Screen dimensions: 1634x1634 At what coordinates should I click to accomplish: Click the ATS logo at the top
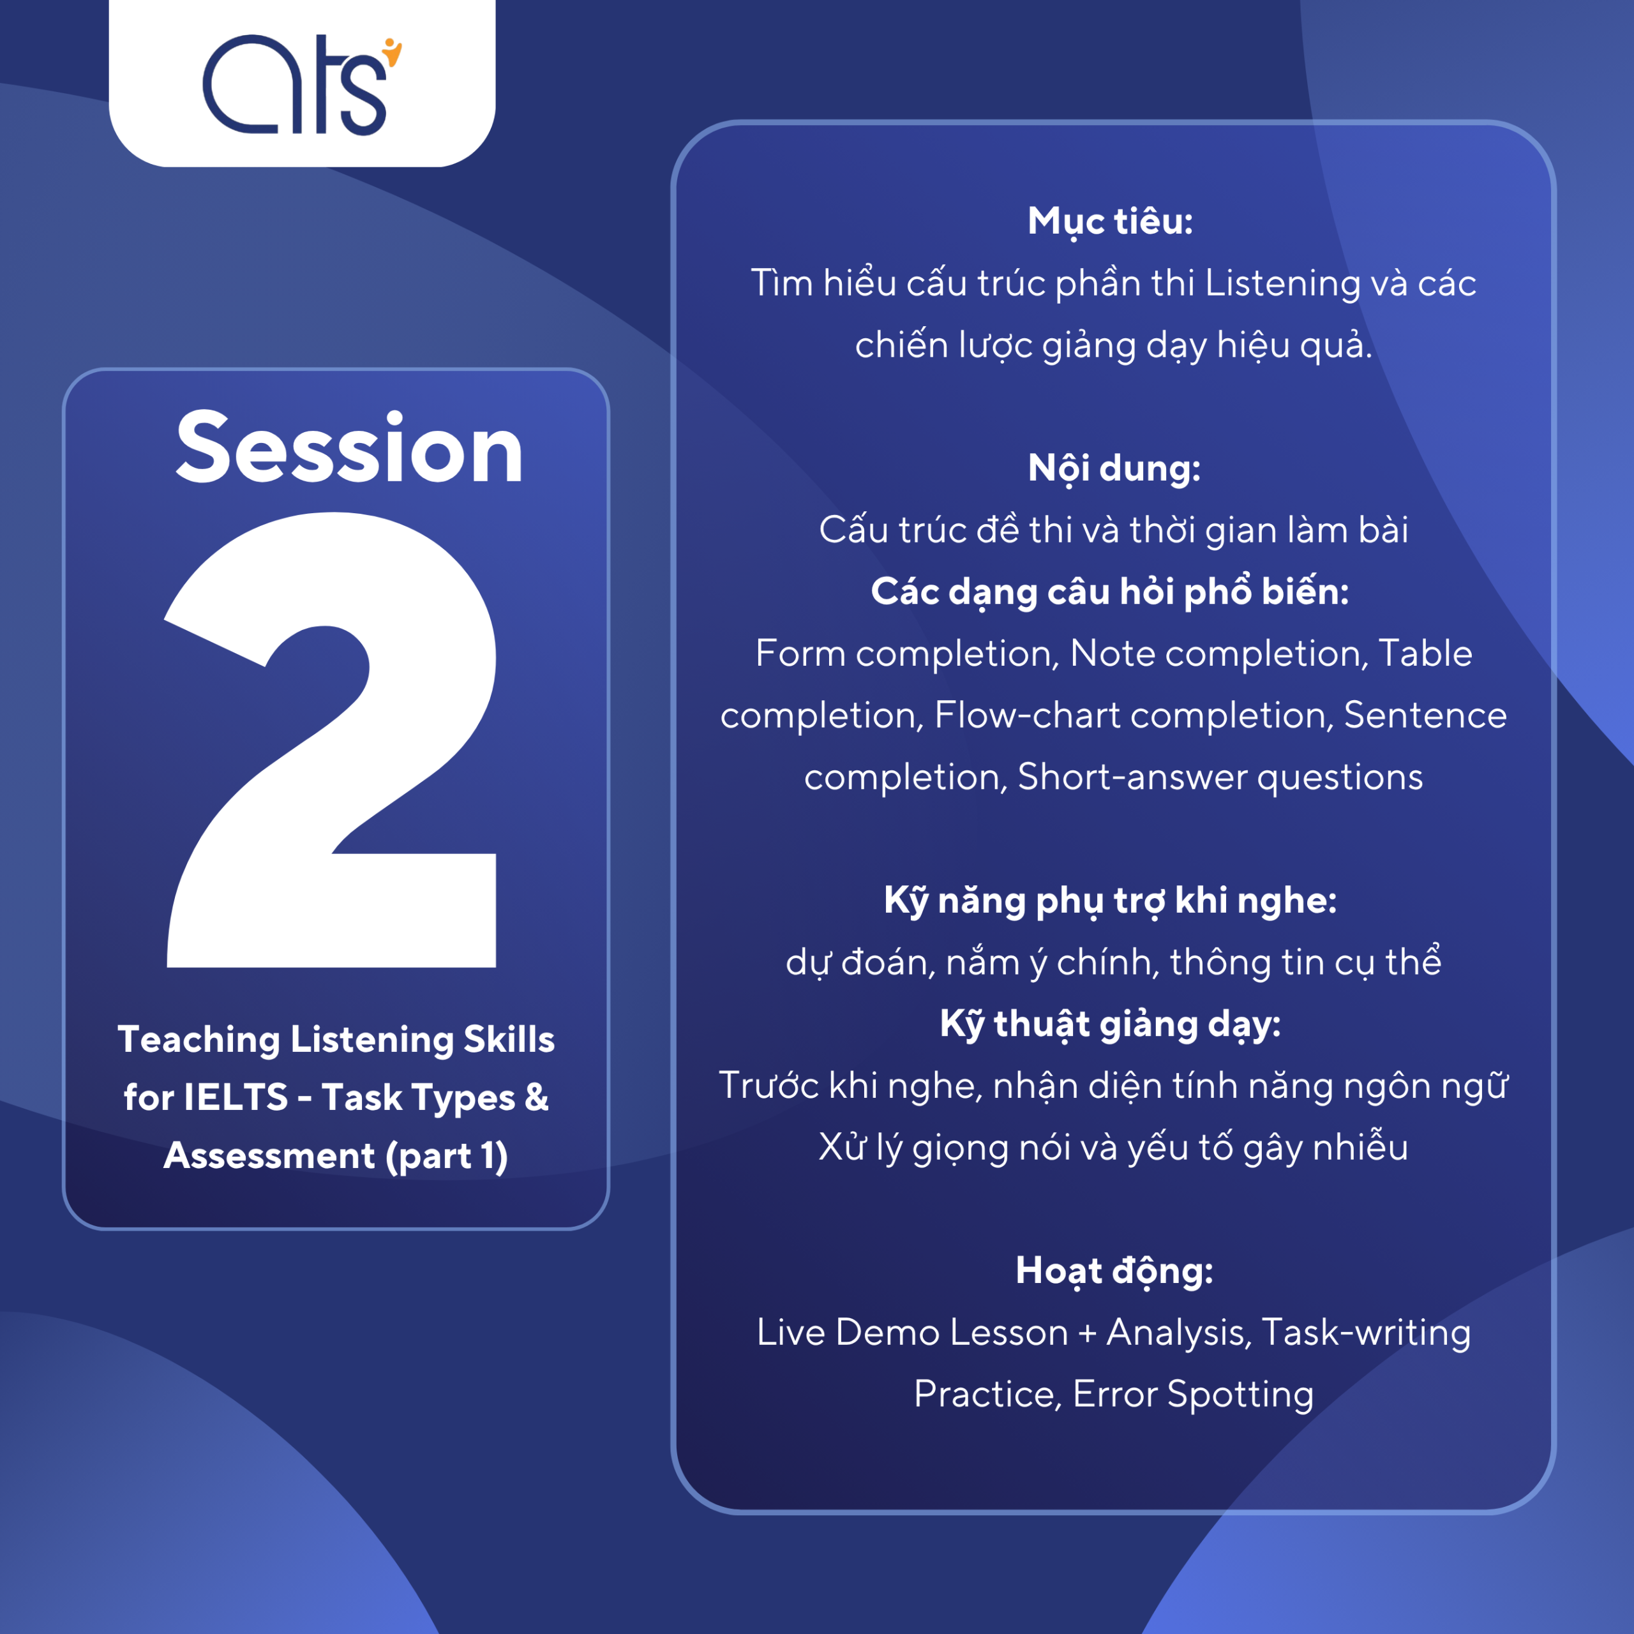tap(302, 85)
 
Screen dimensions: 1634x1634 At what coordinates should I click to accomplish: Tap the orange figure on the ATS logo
tap(393, 52)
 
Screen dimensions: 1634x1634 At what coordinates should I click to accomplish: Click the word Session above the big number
tap(349, 447)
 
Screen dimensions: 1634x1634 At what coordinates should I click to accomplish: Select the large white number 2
tap(331, 739)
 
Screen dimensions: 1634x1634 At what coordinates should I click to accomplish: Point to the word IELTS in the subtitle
tap(236, 1098)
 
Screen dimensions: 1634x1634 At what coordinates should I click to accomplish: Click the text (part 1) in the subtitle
tap(447, 1156)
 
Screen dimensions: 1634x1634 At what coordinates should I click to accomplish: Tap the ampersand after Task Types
tap(536, 1097)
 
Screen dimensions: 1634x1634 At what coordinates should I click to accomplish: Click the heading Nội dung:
tap(1114, 469)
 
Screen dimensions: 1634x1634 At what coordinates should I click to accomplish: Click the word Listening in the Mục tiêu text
tap(1282, 284)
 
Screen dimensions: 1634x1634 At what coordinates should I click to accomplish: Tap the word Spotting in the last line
tap(1240, 1395)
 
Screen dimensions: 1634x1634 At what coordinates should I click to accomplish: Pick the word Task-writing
tap(1366, 1333)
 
